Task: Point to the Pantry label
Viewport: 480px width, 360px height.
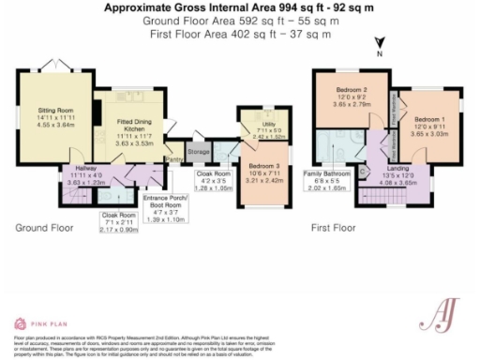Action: click(173, 160)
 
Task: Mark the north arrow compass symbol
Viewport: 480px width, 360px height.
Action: click(379, 44)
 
